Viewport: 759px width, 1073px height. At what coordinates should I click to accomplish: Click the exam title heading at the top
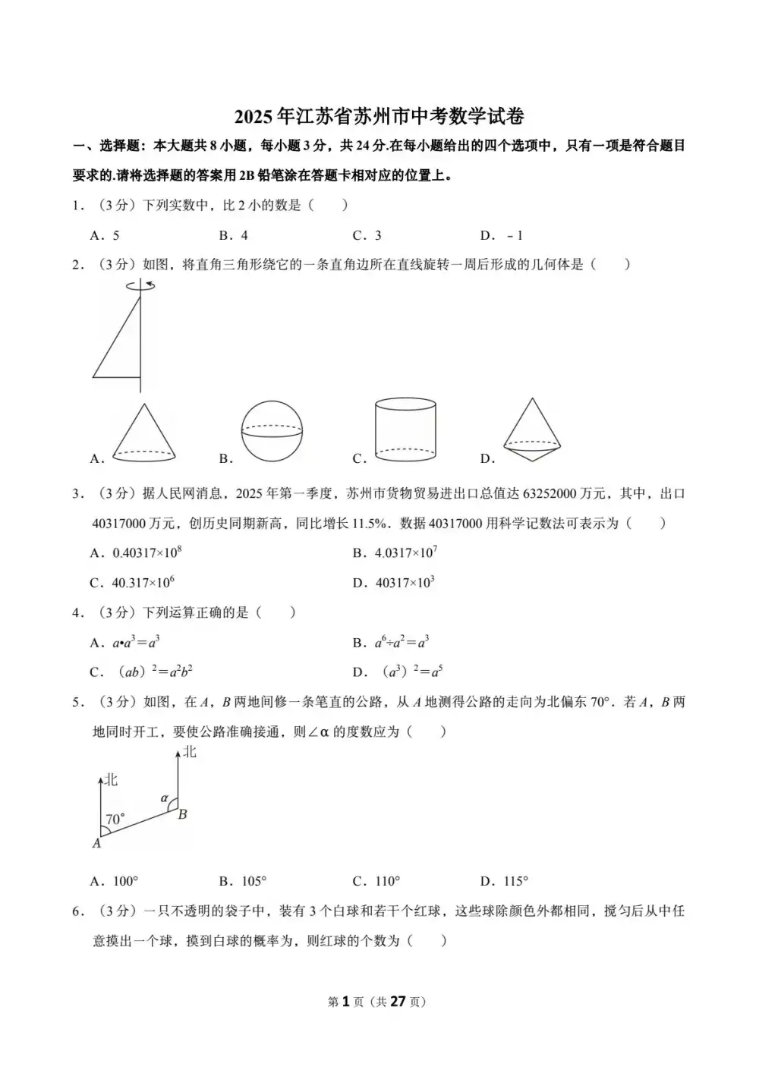tap(379, 116)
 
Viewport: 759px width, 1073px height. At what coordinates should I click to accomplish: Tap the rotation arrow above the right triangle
tap(141, 286)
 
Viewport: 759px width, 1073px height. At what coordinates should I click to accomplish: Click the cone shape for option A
tap(144, 433)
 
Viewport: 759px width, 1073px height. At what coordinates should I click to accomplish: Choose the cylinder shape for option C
tap(405, 430)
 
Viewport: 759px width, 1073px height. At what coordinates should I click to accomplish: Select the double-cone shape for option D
tap(532, 430)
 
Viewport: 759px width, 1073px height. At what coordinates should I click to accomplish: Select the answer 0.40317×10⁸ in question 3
tap(147, 553)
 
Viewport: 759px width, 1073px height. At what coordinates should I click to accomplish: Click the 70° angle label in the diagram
tap(115, 820)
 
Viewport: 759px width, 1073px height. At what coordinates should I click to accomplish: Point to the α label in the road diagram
tap(164, 798)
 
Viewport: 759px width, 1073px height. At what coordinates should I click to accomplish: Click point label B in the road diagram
tap(183, 815)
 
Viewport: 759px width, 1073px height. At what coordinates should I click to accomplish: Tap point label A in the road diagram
tap(97, 843)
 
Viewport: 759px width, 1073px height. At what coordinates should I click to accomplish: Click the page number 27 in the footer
tap(398, 1002)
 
